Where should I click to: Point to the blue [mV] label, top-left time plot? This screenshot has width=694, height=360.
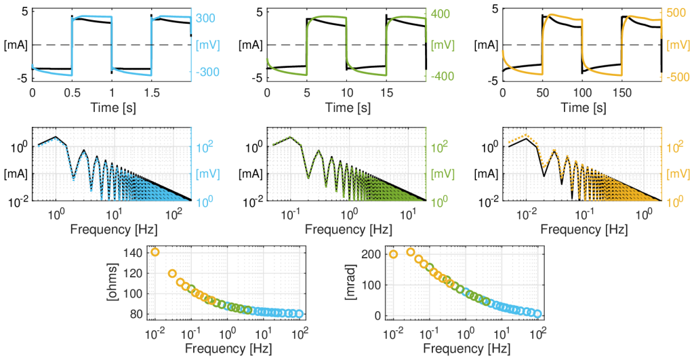pyautogui.click(x=206, y=45)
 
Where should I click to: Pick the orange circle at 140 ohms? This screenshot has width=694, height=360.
pyautogui.click(x=155, y=252)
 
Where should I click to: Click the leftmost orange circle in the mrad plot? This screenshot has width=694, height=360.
pyautogui.click(x=393, y=255)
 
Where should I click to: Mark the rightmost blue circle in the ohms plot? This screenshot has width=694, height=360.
pyautogui.click(x=299, y=314)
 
